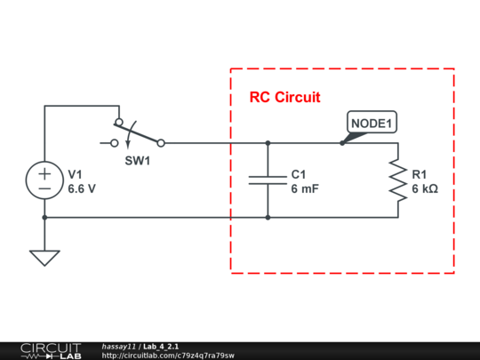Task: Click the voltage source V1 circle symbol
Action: [44, 180]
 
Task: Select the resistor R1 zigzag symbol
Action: [396, 180]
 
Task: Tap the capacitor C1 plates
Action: [268, 180]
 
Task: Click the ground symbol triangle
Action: [44, 257]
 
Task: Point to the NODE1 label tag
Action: [372, 124]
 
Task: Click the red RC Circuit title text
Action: [284, 97]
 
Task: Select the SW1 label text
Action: [136, 162]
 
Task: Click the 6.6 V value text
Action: [82, 189]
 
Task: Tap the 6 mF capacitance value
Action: [305, 189]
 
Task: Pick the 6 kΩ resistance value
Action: [425, 189]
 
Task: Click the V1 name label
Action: [75, 174]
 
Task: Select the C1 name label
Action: [299, 174]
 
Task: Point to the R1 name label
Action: [420, 174]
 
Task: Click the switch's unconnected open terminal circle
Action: [114, 142]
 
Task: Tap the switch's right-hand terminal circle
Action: [160, 142]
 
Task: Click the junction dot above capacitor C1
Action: [268, 142]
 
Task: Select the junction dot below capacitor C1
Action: [268, 217]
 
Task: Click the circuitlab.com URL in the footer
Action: [168, 356]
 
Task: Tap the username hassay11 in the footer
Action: [118, 346]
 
